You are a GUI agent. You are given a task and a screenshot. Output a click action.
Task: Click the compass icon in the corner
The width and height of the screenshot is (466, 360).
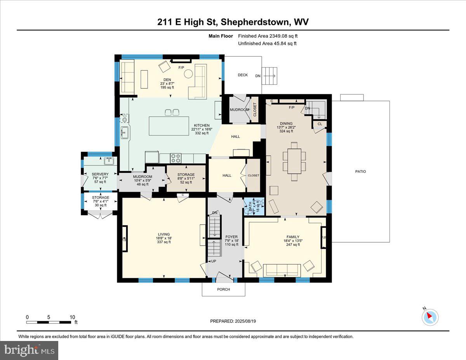(430, 317)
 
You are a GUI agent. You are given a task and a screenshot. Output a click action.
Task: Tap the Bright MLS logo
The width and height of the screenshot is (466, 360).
(30, 350)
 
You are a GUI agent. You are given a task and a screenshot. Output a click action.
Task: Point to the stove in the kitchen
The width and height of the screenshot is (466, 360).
(176, 158)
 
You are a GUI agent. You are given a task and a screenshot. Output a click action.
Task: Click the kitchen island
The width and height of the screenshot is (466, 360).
(169, 126)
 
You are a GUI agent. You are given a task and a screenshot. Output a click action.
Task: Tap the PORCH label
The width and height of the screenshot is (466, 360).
(223, 289)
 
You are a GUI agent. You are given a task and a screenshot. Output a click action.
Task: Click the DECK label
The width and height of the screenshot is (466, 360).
(243, 75)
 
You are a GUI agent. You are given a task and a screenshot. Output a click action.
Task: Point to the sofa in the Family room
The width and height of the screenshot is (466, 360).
(282, 269)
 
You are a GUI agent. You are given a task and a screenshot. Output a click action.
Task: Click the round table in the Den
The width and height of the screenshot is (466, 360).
(189, 74)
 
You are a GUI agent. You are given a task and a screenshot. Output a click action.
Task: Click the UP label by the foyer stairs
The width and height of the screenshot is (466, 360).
(214, 261)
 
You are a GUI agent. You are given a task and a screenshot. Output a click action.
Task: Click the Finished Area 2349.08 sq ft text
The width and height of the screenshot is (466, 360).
(268, 36)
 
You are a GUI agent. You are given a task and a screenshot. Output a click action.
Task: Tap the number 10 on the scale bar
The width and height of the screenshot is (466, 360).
(72, 317)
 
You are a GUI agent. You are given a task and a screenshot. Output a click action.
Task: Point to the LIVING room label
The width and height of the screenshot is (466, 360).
(163, 234)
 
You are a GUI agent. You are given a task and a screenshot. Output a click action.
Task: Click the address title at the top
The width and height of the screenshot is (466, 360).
(233, 22)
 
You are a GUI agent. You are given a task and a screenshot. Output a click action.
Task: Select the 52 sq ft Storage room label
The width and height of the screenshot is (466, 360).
(186, 178)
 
